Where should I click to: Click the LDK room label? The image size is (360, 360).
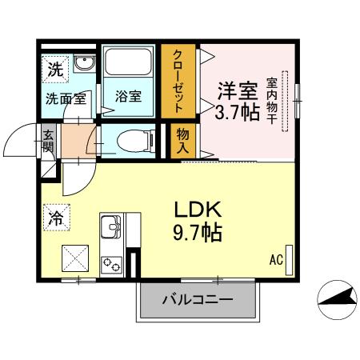[x=198, y=210]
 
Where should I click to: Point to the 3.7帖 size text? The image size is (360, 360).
[x=238, y=111]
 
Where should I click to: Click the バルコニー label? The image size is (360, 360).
[x=198, y=300]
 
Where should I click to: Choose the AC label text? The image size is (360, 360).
[x=276, y=260]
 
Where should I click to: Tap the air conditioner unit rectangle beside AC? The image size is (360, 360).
[x=290, y=259]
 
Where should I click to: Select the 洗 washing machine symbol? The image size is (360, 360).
[x=54, y=69]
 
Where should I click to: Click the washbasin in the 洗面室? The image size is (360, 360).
[x=82, y=64]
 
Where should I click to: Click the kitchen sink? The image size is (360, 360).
[x=110, y=226]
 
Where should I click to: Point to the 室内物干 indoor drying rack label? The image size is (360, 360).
[x=272, y=99]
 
